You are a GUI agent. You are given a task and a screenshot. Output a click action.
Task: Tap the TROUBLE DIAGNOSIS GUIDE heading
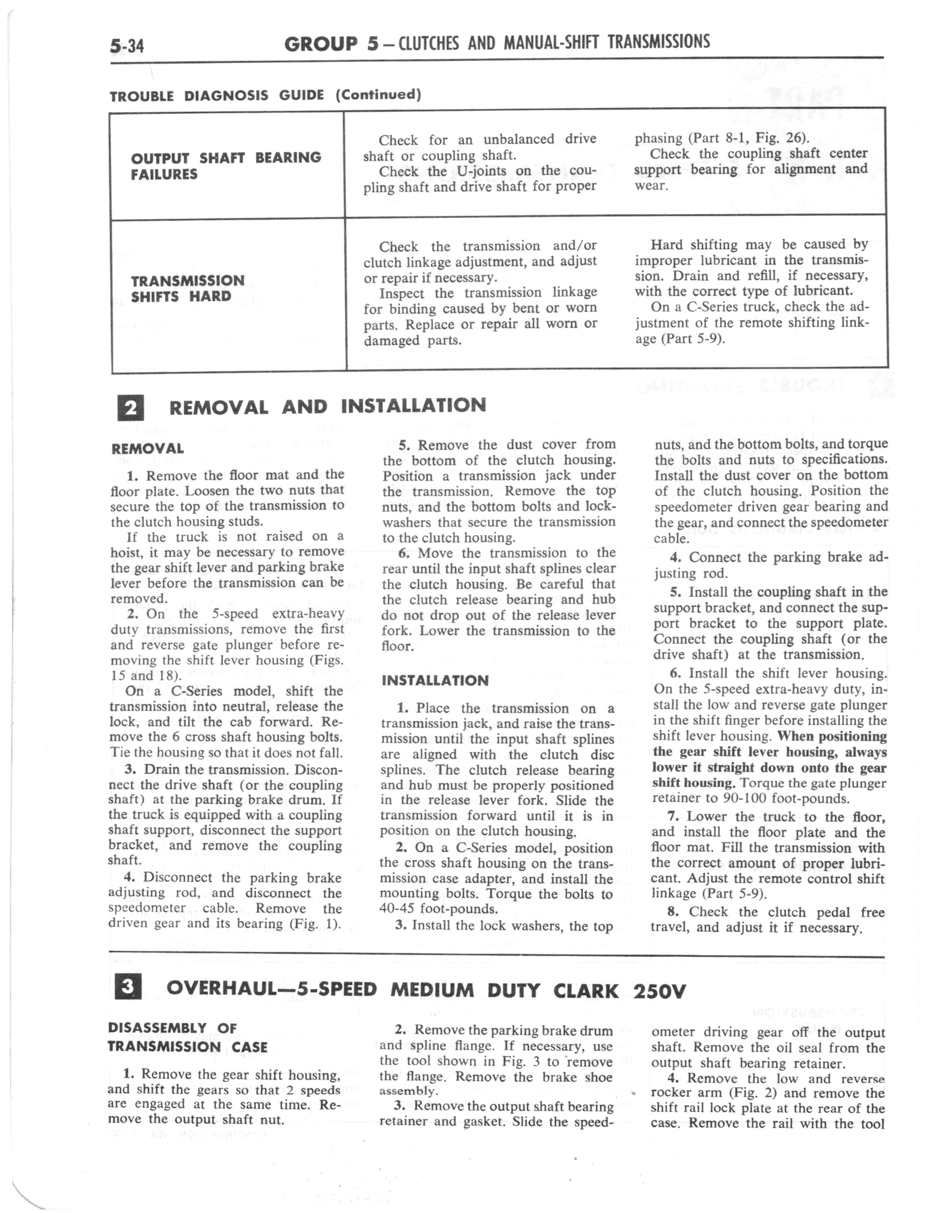[x=216, y=95]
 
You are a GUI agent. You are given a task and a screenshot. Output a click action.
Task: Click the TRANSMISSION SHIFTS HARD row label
[x=187, y=288]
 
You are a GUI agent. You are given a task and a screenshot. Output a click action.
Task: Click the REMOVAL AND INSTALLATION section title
[x=327, y=406]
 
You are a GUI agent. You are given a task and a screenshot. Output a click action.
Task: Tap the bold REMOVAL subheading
[x=148, y=449]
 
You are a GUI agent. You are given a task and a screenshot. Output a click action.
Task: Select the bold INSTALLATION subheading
[x=435, y=680]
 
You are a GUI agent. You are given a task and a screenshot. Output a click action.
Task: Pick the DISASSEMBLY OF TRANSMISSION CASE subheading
[x=187, y=1037]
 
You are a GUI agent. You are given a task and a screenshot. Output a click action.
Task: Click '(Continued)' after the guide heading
[x=378, y=94]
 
